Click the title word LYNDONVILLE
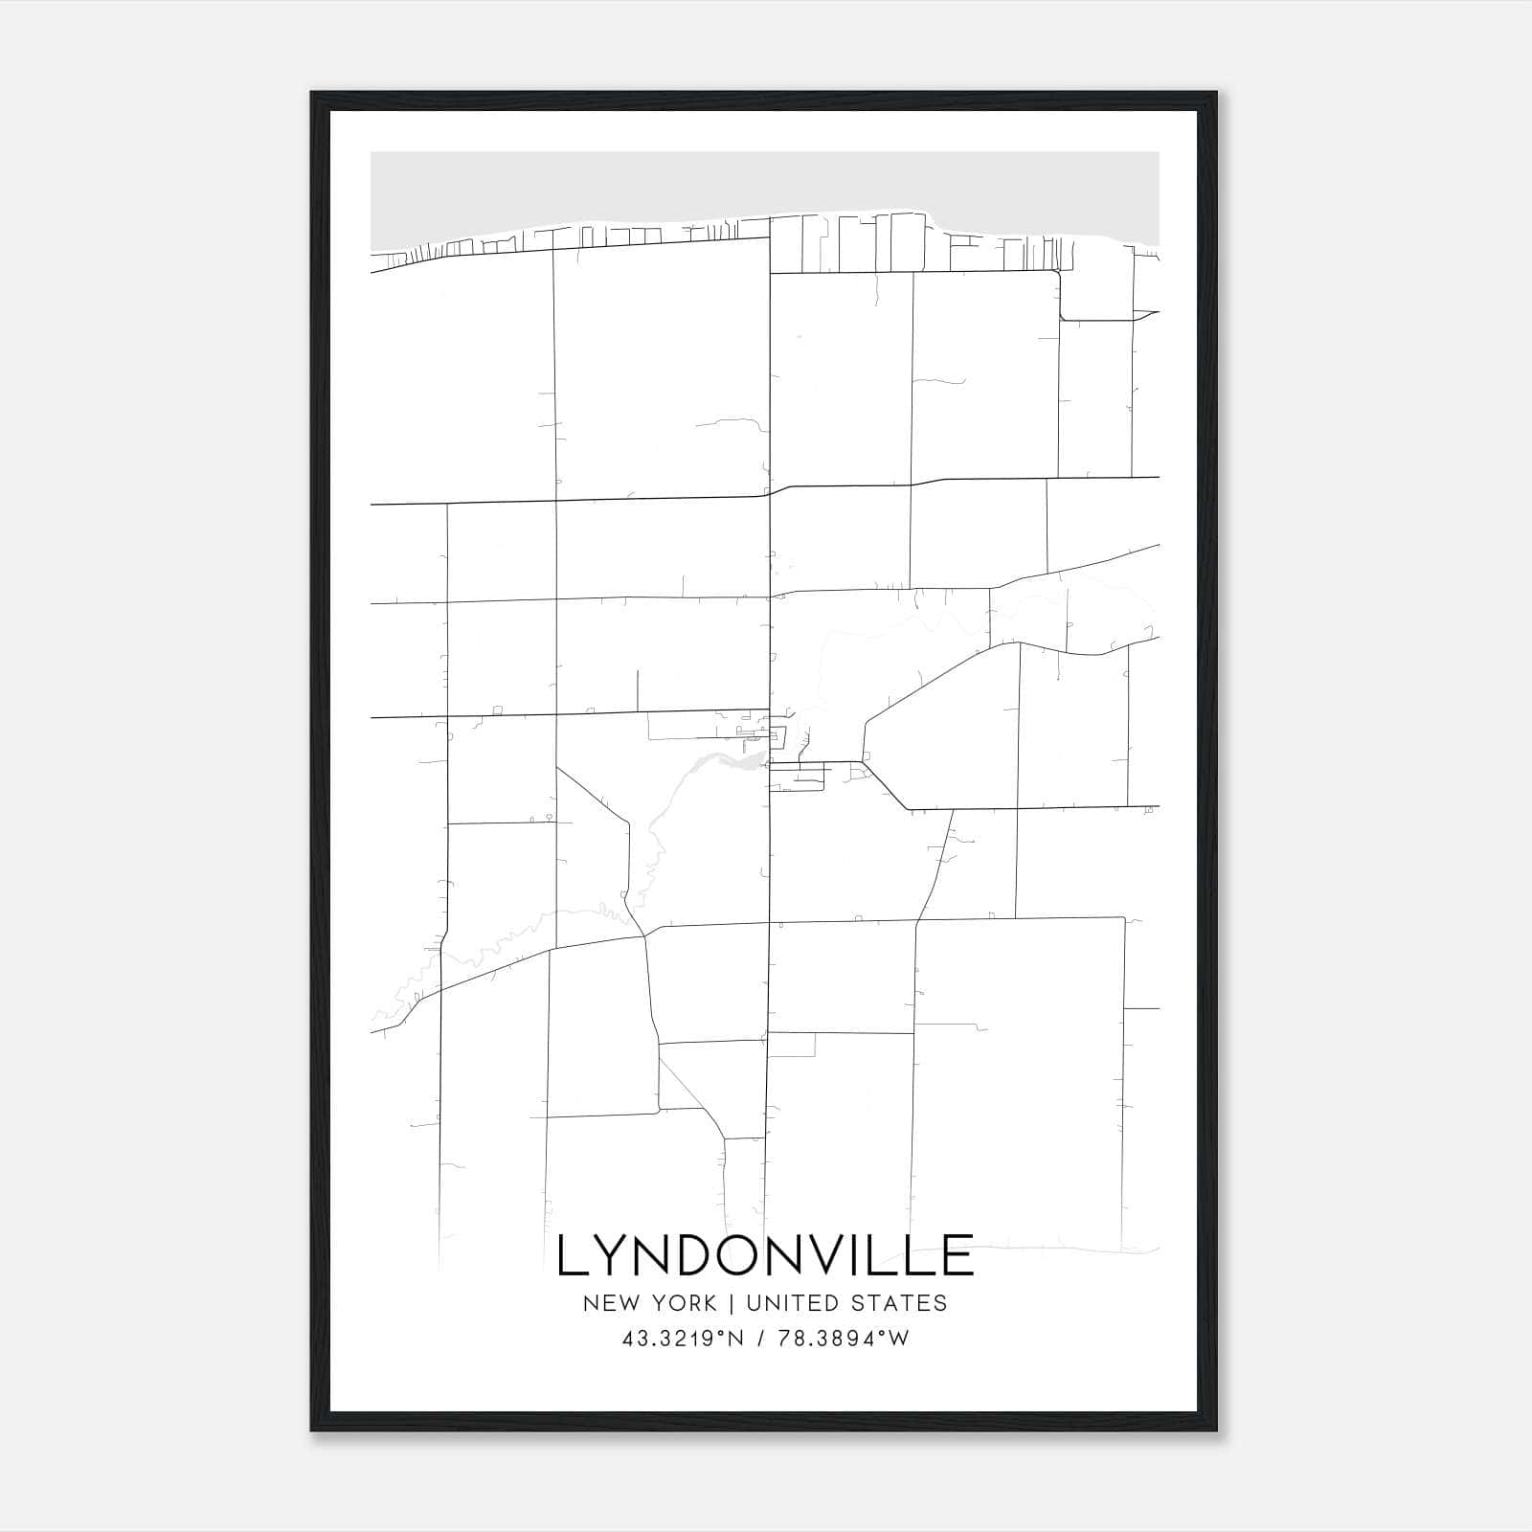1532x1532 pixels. point(765,1255)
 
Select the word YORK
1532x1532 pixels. point(681,1303)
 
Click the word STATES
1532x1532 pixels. point(900,1303)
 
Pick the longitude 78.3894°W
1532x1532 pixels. point(843,1339)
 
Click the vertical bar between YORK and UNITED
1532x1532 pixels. point(731,1303)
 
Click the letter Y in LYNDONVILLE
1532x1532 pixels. point(613,1255)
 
